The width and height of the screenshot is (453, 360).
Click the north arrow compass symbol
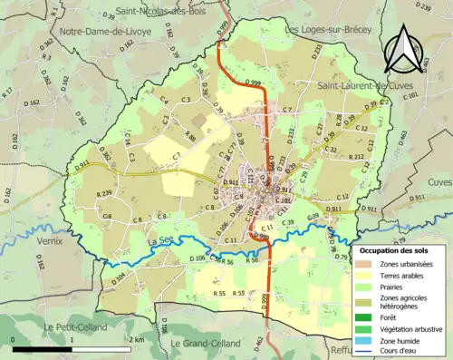click(405, 49)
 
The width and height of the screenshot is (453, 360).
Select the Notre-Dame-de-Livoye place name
click(105, 31)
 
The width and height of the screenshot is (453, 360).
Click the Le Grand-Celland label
click(204, 344)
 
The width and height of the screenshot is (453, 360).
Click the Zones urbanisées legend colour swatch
click(365, 264)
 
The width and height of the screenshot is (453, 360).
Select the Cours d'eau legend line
click(365, 352)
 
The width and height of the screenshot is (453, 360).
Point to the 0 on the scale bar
click(14, 339)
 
